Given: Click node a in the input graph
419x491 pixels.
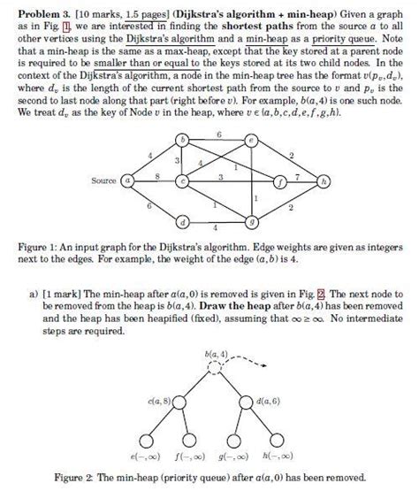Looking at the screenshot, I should tap(128, 180).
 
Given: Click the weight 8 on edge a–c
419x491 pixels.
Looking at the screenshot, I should tap(156, 175).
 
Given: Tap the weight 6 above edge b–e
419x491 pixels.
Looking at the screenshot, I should tap(217, 133).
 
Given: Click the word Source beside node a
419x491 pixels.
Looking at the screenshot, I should tap(104, 180).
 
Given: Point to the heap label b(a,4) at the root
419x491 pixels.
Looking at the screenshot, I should tap(217, 354).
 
